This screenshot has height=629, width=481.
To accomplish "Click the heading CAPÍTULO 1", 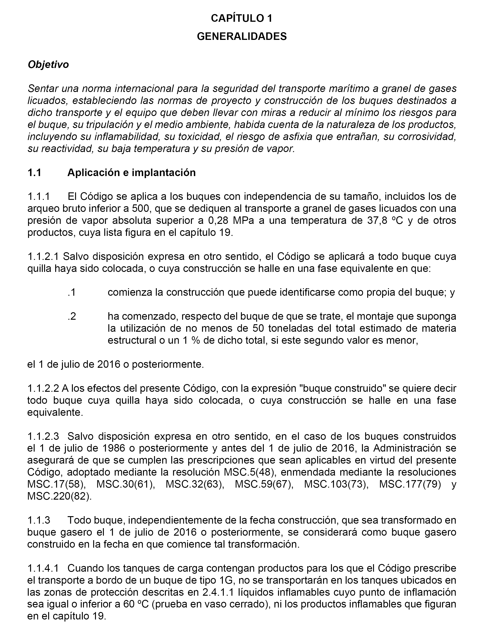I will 242,18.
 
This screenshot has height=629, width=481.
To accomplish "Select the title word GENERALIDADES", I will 242,36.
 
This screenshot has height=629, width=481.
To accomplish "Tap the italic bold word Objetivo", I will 48,65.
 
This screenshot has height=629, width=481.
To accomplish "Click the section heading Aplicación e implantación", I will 131,173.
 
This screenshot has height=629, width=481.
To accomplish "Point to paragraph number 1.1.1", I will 39,197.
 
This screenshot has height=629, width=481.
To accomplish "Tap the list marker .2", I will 72,317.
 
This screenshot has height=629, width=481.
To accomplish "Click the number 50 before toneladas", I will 259,328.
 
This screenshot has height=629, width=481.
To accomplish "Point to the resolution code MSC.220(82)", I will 60,496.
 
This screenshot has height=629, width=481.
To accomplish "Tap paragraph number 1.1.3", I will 39,520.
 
